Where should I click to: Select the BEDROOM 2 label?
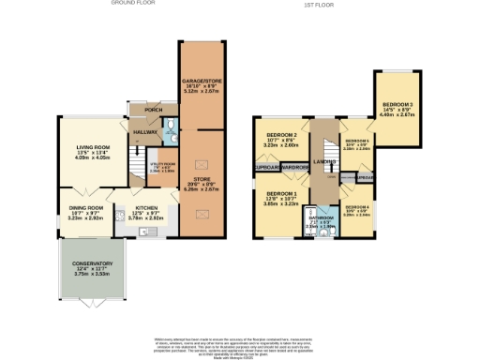click(280, 136)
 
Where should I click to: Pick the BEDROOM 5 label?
click(357, 141)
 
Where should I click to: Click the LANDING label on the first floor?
click(324, 161)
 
